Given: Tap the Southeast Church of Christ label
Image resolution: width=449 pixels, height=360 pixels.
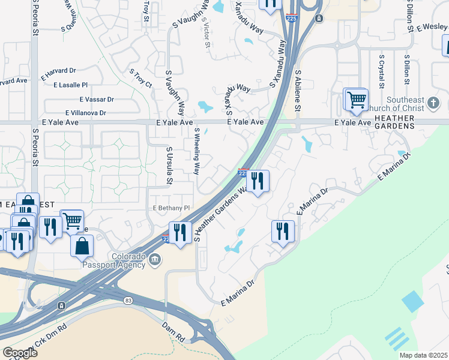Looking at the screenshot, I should click(x=415, y=104).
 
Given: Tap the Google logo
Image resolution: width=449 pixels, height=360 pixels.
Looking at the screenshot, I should click(x=20, y=353).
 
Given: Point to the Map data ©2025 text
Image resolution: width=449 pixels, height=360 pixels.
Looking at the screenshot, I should click(x=424, y=355).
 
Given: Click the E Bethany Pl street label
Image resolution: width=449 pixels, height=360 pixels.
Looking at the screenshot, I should click(x=171, y=208).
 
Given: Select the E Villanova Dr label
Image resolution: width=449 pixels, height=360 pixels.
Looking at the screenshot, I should click(x=86, y=113).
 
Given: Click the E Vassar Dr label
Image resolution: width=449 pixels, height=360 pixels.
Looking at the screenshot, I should click(x=97, y=99).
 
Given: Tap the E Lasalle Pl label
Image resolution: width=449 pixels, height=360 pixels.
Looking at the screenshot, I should click(x=70, y=85).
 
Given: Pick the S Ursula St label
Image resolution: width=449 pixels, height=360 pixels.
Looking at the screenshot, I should click(x=169, y=166).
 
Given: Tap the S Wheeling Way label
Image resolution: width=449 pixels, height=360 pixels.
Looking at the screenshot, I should click(x=196, y=151).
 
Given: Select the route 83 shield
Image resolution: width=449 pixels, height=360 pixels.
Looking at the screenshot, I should click(x=128, y=300).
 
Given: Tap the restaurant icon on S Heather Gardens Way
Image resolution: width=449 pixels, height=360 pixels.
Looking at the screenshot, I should click(x=258, y=180).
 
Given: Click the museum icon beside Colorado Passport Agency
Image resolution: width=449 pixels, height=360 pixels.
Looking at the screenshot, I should click(x=155, y=260).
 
